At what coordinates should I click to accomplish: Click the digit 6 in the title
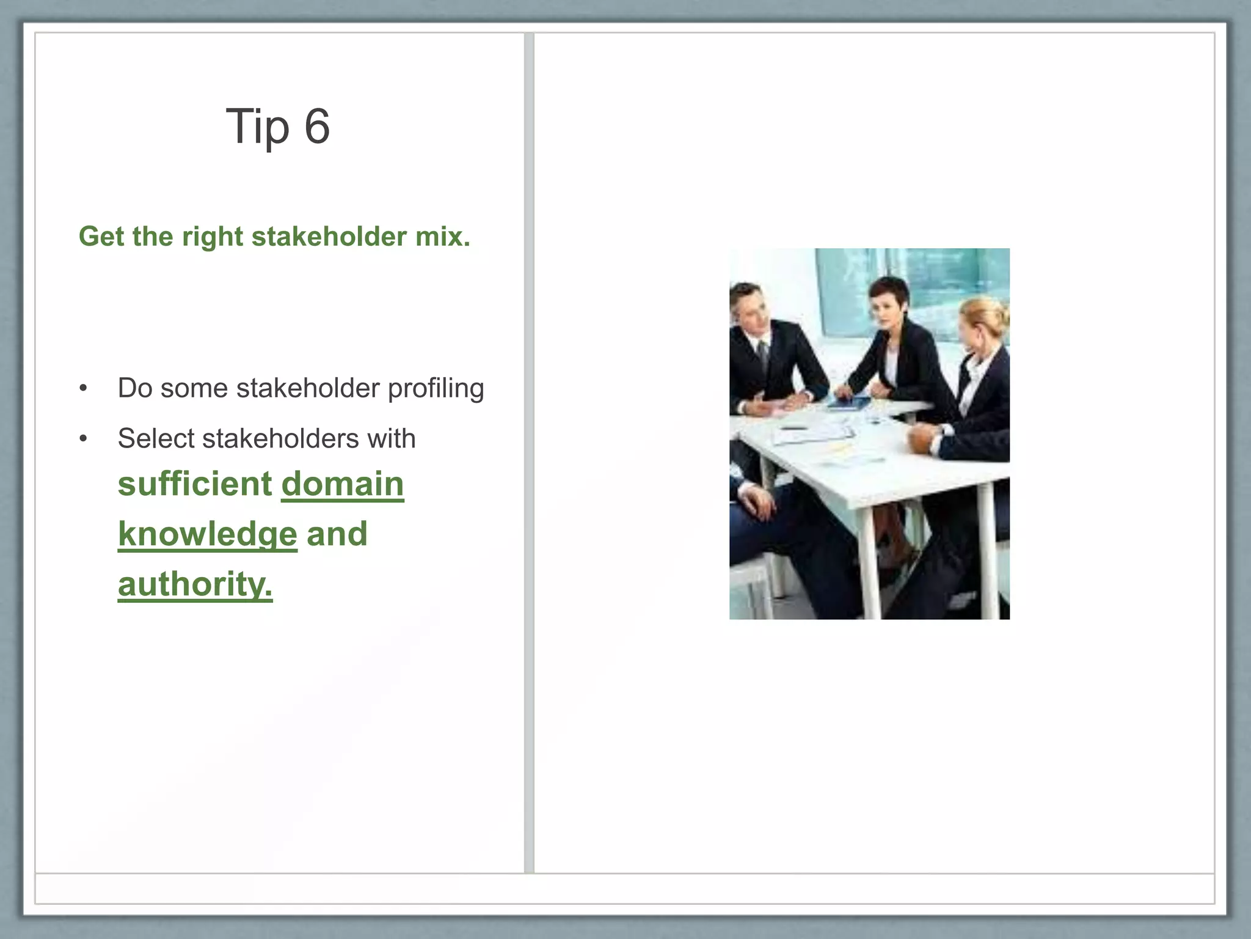click(317, 127)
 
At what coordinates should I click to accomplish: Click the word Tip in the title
click(257, 127)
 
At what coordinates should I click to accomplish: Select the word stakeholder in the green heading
click(329, 237)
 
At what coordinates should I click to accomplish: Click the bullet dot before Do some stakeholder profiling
click(84, 388)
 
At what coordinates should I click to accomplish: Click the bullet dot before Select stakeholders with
click(84, 439)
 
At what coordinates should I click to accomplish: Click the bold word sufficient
click(195, 484)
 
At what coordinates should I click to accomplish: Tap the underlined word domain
click(343, 484)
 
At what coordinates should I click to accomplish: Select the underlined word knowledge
click(208, 534)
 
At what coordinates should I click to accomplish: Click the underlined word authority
click(195, 584)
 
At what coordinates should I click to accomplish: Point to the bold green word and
click(337, 534)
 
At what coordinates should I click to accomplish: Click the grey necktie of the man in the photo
click(763, 355)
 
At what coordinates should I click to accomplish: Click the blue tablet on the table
click(849, 403)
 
